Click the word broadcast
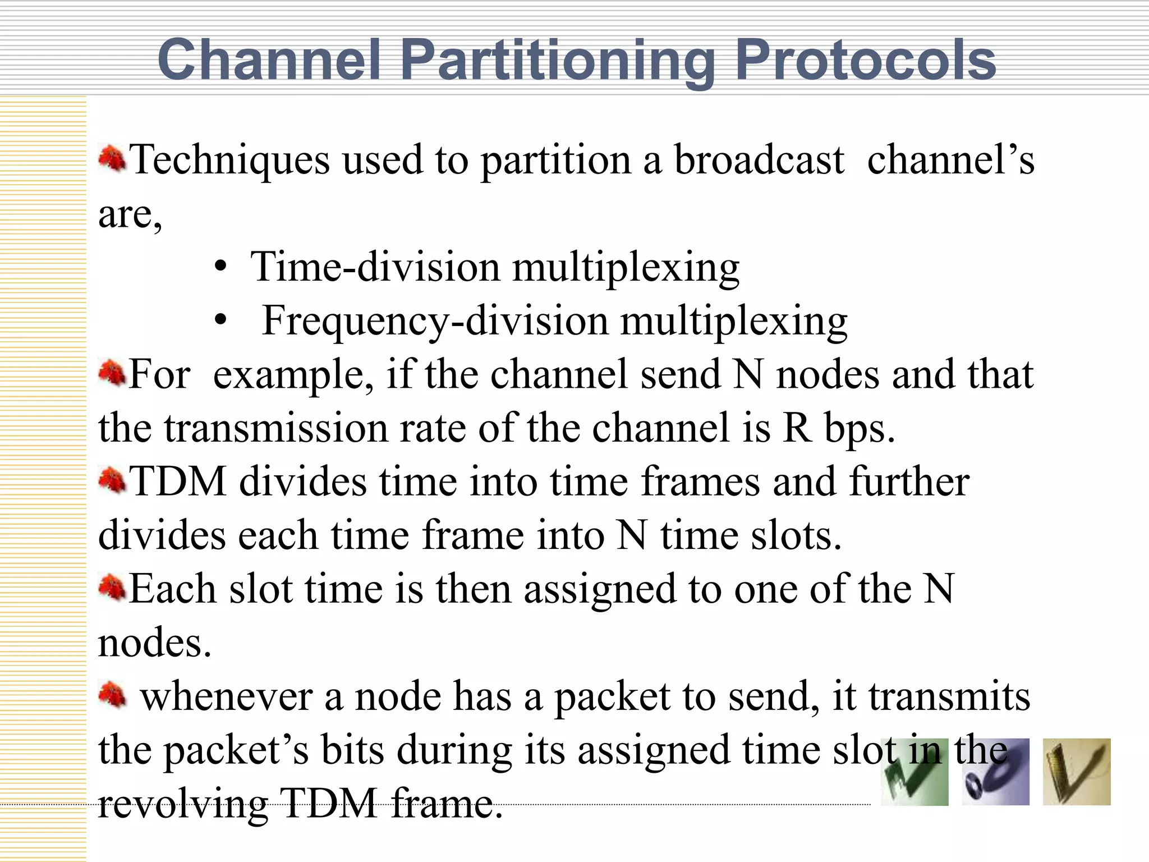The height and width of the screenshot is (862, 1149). coord(759,159)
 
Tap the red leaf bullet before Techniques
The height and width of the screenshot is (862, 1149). coord(112,159)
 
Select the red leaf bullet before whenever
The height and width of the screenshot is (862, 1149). coord(112,695)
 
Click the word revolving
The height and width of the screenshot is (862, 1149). coord(183,804)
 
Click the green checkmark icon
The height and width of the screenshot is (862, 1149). coord(914,772)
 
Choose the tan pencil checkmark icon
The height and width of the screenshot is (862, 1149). coord(1076,772)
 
